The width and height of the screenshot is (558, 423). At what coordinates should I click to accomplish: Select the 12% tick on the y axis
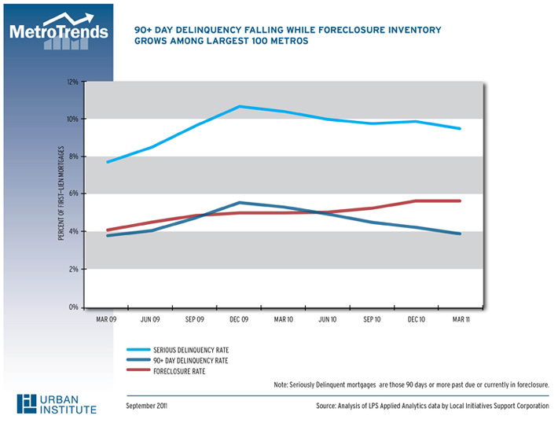[73, 82]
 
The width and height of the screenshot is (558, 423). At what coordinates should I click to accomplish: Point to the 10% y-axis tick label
[73, 119]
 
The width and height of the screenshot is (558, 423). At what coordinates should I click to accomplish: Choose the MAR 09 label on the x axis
[107, 321]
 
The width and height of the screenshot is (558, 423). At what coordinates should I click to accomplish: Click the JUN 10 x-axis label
[327, 321]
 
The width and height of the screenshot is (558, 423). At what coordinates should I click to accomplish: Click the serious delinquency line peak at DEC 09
[239, 106]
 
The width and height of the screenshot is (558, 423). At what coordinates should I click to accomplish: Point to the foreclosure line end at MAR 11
[460, 200]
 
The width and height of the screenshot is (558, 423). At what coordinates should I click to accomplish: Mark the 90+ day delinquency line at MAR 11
[460, 234]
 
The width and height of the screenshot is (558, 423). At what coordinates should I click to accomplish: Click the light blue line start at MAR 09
[108, 162]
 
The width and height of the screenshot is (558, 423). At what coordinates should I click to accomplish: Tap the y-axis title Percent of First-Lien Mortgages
[61, 193]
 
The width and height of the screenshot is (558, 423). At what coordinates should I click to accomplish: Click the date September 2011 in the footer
[146, 406]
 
